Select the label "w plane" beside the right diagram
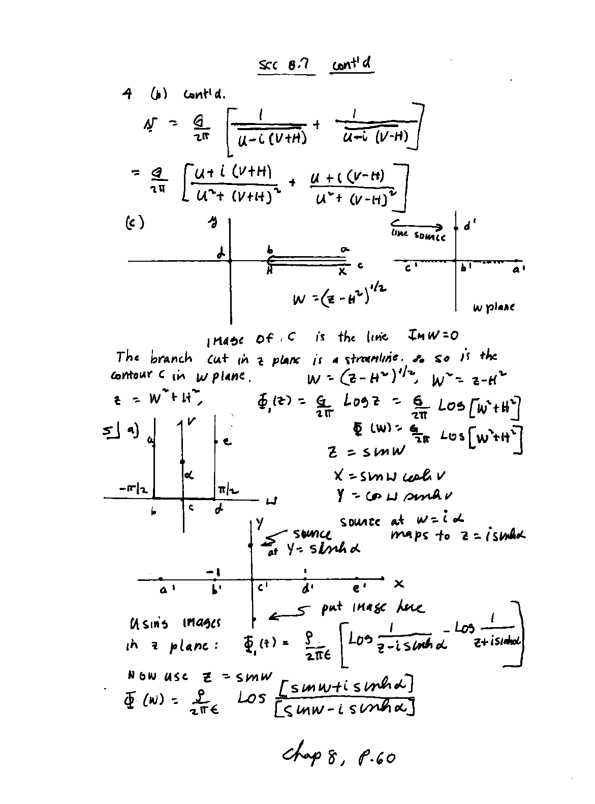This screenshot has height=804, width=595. pos(493,307)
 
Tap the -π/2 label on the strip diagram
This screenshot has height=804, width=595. pos(133,489)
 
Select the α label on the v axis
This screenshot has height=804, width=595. pos(188,475)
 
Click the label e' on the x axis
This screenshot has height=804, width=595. pos(358,589)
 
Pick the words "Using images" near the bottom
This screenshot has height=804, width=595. pos(175,623)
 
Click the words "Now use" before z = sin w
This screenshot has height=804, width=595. pos(157,676)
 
